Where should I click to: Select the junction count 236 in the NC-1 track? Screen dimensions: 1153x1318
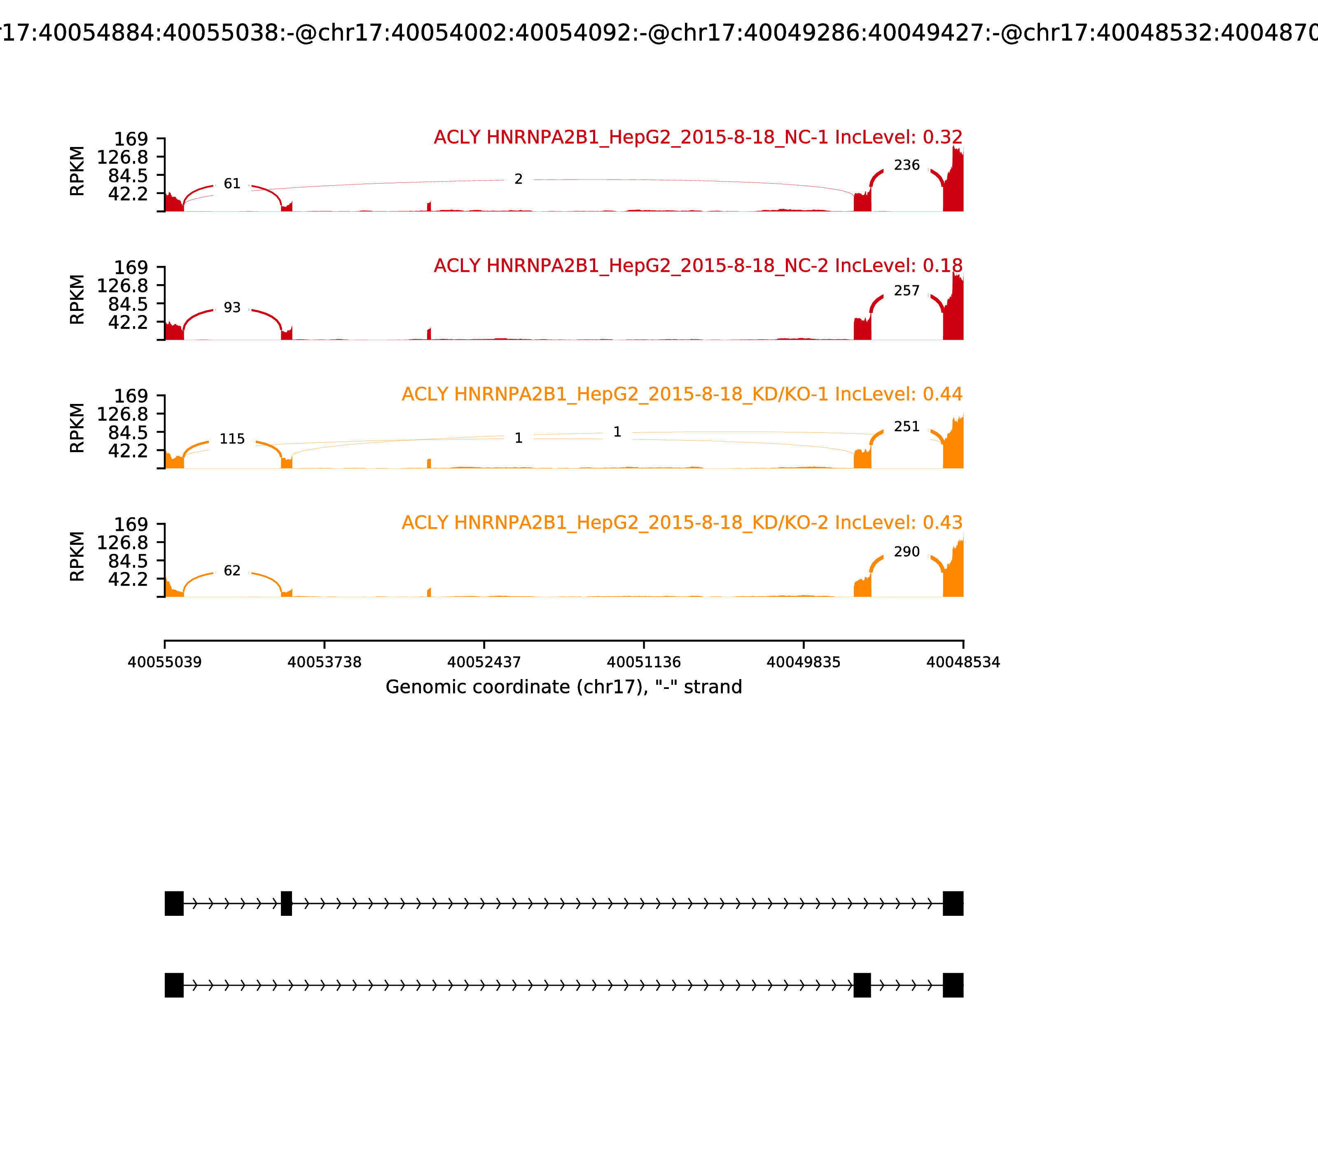coord(907,166)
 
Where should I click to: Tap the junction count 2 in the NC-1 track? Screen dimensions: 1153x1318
coord(518,180)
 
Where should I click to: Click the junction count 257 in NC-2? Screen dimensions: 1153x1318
coord(907,291)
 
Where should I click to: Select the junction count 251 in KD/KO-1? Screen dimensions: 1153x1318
coord(907,427)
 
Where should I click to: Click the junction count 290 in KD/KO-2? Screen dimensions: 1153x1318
coord(907,551)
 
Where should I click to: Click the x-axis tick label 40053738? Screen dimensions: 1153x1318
coord(325,662)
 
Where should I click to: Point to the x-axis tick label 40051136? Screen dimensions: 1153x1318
coord(643,662)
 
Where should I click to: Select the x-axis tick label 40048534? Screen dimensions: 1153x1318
coord(963,662)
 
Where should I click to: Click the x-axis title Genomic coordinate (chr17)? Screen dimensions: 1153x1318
coord(564,687)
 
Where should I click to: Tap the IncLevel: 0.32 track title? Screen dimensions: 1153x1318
coord(698,137)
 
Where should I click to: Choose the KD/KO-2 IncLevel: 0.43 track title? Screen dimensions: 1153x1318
coord(682,523)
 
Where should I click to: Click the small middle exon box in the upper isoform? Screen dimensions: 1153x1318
coord(286,903)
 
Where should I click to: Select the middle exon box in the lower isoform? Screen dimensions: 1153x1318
coord(862,985)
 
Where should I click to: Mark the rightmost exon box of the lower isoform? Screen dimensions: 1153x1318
coord(953,985)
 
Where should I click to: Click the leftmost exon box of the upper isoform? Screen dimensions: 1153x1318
coord(174,903)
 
